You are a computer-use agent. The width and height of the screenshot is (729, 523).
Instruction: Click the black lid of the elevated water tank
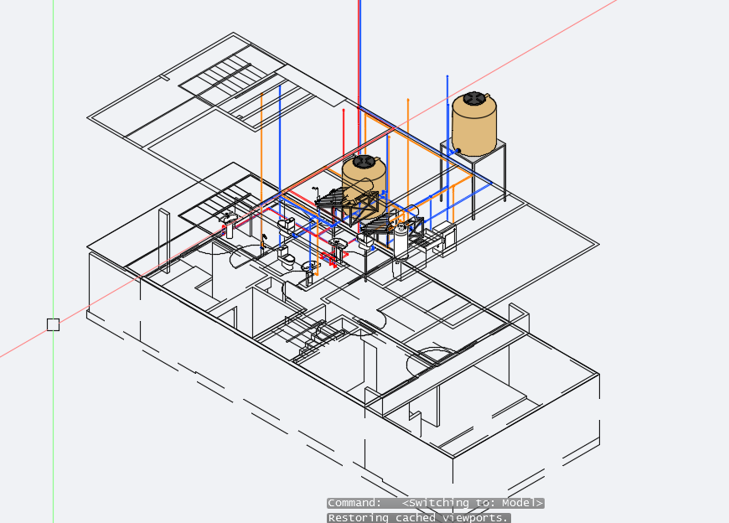click(x=473, y=98)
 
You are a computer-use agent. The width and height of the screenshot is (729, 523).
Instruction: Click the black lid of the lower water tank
click(x=364, y=161)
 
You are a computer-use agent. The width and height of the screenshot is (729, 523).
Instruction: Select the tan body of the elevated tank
click(x=474, y=126)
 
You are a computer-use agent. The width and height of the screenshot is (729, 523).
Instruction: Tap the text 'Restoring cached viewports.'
click(x=418, y=518)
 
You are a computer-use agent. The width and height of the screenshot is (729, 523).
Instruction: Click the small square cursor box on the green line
click(x=53, y=324)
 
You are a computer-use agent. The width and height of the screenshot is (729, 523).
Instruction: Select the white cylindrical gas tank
click(x=401, y=241)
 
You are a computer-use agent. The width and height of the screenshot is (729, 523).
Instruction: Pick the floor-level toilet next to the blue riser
click(x=287, y=257)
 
